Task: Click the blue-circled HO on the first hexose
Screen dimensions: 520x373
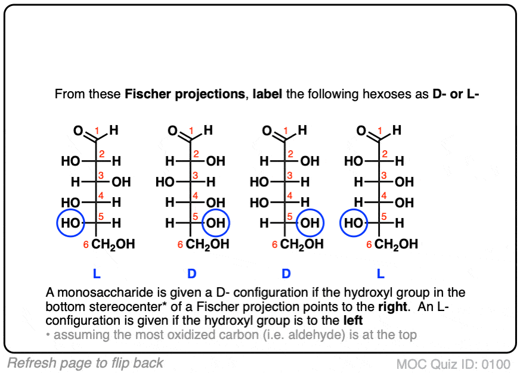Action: pyautogui.click(x=70, y=223)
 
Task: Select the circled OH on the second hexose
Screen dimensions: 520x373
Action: pyautogui.click(x=216, y=223)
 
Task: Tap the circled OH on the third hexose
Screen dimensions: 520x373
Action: pyautogui.click(x=310, y=223)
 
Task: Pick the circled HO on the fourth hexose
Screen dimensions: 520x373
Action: pyautogui.click(x=354, y=223)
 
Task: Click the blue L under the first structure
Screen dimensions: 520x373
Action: pyautogui.click(x=97, y=273)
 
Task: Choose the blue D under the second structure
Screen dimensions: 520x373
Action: pyautogui.click(x=191, y=273)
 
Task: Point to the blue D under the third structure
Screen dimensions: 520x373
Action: pyautogui.click(x=286, y=273)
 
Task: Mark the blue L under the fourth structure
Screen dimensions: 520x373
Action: pyautogui.click(x=380, y=273)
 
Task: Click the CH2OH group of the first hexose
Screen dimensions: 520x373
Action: pyautogui.click(x=113, y=245)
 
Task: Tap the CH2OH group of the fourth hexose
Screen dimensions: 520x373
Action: pyautogui.click(x=396, y=245)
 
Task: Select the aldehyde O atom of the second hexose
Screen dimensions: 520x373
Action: pyautogui.click(x=172, y=130)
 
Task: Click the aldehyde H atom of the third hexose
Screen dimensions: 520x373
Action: pyautogui.click(x=302, y=130)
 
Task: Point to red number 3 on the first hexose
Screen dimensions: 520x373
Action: pyautogui.click(x=101, y=175)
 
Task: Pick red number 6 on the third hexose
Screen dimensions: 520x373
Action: pyautogui.click(x=274, y=245)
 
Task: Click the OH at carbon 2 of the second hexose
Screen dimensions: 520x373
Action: pyautogui.click(x=215, y=161)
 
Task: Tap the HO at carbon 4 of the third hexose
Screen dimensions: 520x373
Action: pyautogui.click(x=259, y=203)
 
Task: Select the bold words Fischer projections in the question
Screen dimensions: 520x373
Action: pyautogui.click(x=185, y=94)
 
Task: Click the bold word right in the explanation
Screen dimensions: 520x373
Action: pyautogui.click(x=392, y=306)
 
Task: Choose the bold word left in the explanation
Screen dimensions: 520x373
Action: pyautogui.click(x=353, y=321)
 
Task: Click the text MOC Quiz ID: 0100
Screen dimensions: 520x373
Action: pyautogui.click(x=453, y=364)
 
